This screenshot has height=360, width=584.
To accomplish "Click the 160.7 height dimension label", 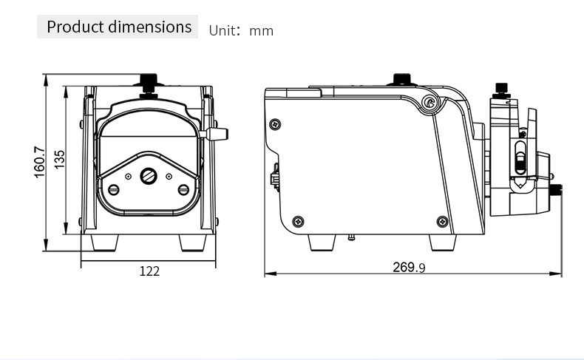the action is pos(39,162).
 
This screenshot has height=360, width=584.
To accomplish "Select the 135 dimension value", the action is pos(59,160).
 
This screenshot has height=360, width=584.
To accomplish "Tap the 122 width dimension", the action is pos(149,271).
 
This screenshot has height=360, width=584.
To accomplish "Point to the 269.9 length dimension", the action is pos(409,268).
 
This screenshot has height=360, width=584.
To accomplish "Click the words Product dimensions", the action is pos(119,27).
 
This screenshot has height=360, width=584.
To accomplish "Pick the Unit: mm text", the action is pos(241,30).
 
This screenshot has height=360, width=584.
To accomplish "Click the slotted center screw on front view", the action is pos(149,176).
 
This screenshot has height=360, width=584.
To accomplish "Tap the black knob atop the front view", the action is pos(149,80).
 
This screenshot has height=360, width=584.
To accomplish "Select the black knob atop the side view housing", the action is pos(402,79).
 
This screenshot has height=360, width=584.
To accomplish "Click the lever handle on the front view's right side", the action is pos(214,134).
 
